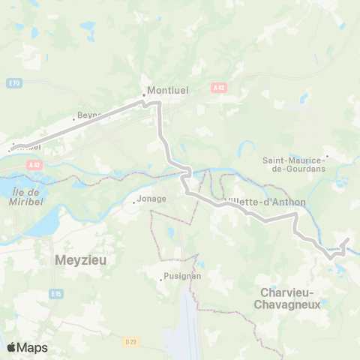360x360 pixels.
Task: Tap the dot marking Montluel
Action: pyautogui.click(x=144, y=95)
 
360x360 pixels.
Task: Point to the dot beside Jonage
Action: pyautogui.click(x=133, y=202)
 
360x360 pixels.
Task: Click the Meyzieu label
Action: pyautogui.click(x=81, y=260)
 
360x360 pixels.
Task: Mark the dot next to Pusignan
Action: pyautogui.click(x=161, y=280)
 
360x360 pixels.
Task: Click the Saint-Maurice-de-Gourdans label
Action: pyautogui.click(x=292, y=164)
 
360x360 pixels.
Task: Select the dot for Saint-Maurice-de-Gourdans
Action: pyautogui.click(x=327, y=157)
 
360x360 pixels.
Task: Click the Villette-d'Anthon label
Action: pyautogui.click(x=255, y=201)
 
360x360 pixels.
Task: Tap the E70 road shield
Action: pyautogui.click(x=15, y=82)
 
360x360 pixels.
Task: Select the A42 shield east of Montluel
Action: pyautogui.click(x=218, y=88)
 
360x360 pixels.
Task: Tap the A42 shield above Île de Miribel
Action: pyautogui.click(x=32, y=165)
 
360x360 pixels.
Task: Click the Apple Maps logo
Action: pyautogui.click(x=26, y=347)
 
